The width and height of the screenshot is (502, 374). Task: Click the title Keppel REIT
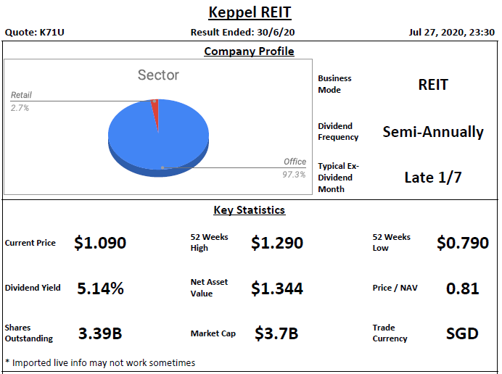coord(250,12)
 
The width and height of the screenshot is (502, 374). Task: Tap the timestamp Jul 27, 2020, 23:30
coord(451,33)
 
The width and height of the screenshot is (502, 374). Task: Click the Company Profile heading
coord(249,51)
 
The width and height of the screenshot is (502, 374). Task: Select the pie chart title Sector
coord(158,75)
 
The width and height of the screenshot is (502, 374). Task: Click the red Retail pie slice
coord(155,109)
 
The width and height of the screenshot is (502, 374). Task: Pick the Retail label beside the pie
coord(21,95)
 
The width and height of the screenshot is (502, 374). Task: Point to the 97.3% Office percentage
coord(294,175)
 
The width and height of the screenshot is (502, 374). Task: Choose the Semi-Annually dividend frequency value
coord(432,132)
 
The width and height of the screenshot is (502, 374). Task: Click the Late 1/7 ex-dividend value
coord(432,178)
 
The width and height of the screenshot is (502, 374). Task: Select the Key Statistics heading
coord(249,210)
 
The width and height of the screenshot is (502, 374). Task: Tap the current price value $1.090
coord(100,243)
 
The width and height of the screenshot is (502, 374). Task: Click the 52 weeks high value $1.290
coord(277,243)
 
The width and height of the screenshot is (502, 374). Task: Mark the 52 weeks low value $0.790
coord(462,243)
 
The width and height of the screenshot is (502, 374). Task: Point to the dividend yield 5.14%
coord(100,288)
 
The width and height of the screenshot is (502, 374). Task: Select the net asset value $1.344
coord(277,288)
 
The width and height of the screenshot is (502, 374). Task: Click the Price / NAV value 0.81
coord(462,288)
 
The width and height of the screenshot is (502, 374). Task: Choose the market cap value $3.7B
coord(276,333)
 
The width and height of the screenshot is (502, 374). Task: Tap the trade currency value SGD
coord(462,333)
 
